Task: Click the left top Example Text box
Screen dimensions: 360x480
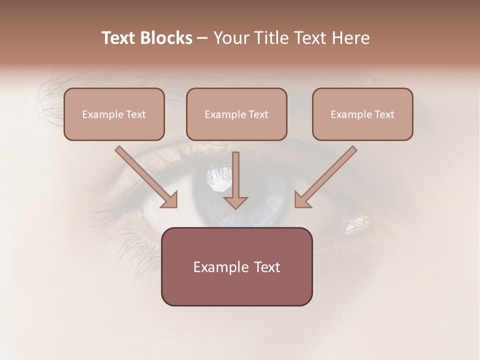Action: [x=114, y=114]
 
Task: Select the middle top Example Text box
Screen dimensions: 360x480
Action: [x=236, y=114]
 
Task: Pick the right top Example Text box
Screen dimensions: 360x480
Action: [x=362, y=114]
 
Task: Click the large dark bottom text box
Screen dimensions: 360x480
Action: [x=236, y=267]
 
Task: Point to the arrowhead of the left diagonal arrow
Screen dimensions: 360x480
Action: [x=169, y=199]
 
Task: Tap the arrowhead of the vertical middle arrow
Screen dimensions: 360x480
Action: [x=235, y=202]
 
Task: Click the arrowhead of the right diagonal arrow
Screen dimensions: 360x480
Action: [x=302, y=199]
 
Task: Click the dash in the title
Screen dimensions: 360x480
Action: [x=202, y=38]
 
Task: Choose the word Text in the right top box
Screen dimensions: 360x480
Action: [x=384, y=114]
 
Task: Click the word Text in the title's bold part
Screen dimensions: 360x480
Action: [x=118, y=38]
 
